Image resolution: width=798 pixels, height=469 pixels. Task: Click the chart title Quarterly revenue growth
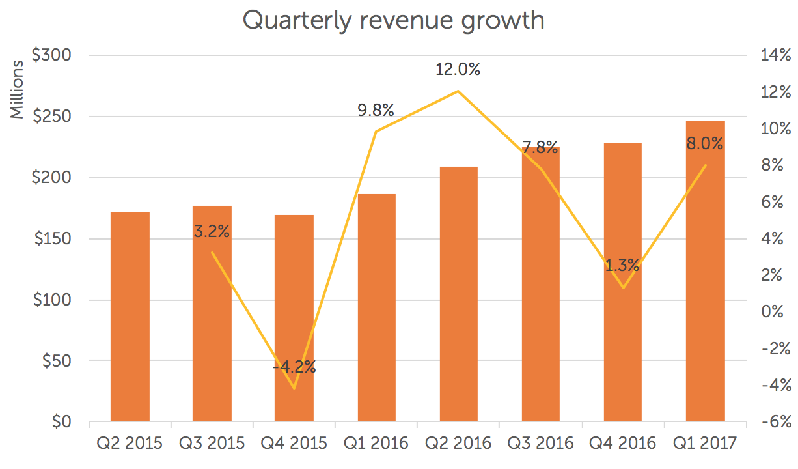pyautogui.click(x=393, y=20)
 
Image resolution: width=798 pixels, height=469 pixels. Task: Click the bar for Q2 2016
pyautogui.click(x=459, y=294)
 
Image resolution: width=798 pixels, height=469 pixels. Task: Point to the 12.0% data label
pyautogui.click(x=458, y=70)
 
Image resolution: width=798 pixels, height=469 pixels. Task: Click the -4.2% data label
pyautogui.click(x=294, y=367)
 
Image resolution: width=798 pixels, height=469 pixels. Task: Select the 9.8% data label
pyautogui.click(x=376, y=111)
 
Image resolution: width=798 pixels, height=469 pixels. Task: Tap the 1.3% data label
pyautogui.click(x=622, y=266)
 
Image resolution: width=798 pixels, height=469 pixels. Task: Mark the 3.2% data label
pyautogui.click(x=212, y=231)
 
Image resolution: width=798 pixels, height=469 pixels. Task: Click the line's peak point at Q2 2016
pyautogui.click(x=458, y=91)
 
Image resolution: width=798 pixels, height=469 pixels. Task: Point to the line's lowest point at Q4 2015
pyautogui.click(x=294, y=388)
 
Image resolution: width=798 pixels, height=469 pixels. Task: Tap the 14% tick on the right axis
pyautogui.click(x=775, y=56)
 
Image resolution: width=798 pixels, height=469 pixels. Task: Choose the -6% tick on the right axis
pyautogui.click(x=775, y=422)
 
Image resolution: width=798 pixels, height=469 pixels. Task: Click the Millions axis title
pyautogui.click(x=18, y=90)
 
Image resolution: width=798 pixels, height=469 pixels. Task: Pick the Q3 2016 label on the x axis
pyautogui.click(x=541, y=444)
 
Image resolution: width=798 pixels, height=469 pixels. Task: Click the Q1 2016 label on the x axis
pyautogui.click(x=376, y=444)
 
